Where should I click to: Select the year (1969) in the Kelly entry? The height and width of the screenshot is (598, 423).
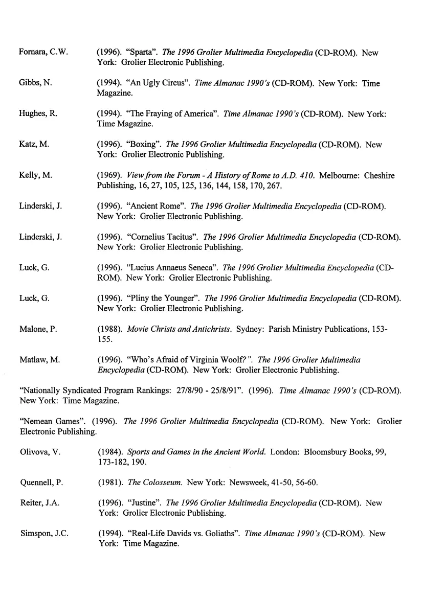click(108, 176)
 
